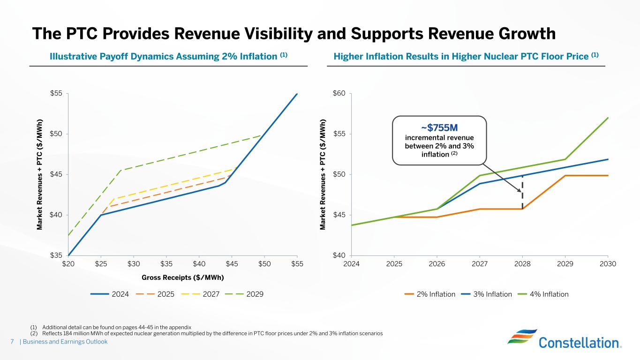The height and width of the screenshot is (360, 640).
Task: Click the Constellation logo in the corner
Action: pos(565,338)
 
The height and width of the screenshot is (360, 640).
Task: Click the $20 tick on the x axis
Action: pos(68,264)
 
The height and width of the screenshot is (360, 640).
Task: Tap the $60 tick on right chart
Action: pos(339,94)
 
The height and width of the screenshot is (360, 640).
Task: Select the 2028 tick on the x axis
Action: pos(522,264)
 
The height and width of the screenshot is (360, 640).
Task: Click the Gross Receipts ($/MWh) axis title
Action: pos(182,277)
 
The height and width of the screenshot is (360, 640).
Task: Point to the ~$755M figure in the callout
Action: pos(439,128)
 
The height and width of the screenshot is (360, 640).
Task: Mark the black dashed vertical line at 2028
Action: pos(522,200)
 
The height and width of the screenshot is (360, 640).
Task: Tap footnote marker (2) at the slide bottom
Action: pos(34,333)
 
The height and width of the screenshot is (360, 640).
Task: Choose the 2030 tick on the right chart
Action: pos(608,264)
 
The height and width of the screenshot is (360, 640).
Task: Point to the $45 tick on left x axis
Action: pos(232,264)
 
